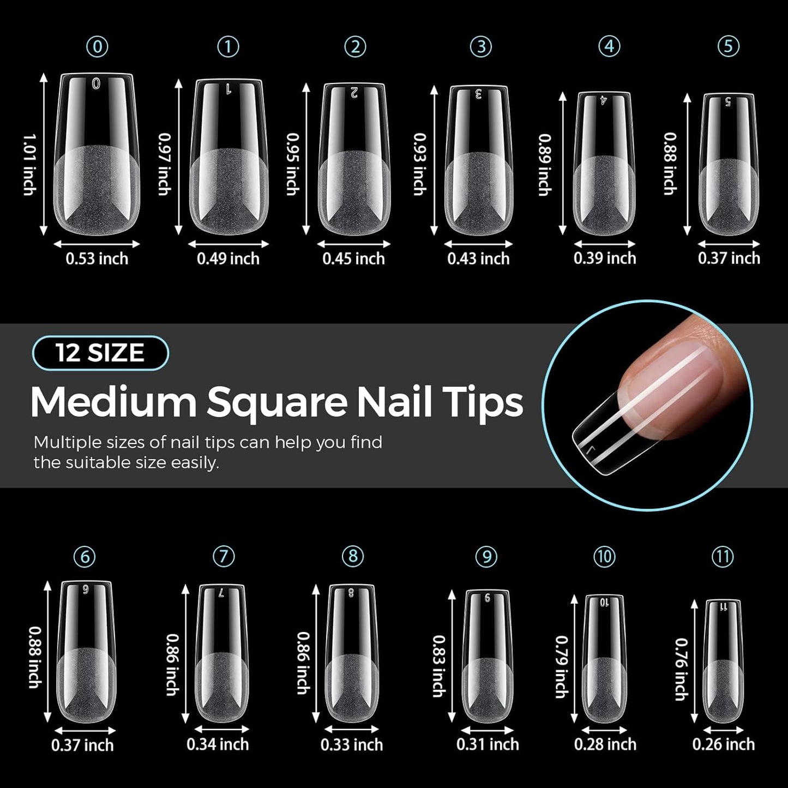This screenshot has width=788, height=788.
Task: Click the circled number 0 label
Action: pos(97,47)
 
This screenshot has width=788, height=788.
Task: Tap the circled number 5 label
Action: pos(729,47)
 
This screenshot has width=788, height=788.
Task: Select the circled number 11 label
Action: pos(723,557)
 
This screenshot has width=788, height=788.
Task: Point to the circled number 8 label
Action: pos(353,556)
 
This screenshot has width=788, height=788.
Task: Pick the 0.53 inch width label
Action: pos(97,258)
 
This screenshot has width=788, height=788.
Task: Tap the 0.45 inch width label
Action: pos(353,258)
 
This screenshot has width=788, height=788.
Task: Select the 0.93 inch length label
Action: pos(419,164)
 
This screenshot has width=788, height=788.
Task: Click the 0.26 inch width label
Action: pos(724,744)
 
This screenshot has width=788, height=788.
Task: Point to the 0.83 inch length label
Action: pos(438,666)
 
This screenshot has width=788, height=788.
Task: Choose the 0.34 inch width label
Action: pos(218,744)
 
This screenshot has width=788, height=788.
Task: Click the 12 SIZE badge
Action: pos(100,353)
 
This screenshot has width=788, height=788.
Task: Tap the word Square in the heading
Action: pos(277,403)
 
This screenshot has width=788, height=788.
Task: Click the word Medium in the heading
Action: pos(113,403)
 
